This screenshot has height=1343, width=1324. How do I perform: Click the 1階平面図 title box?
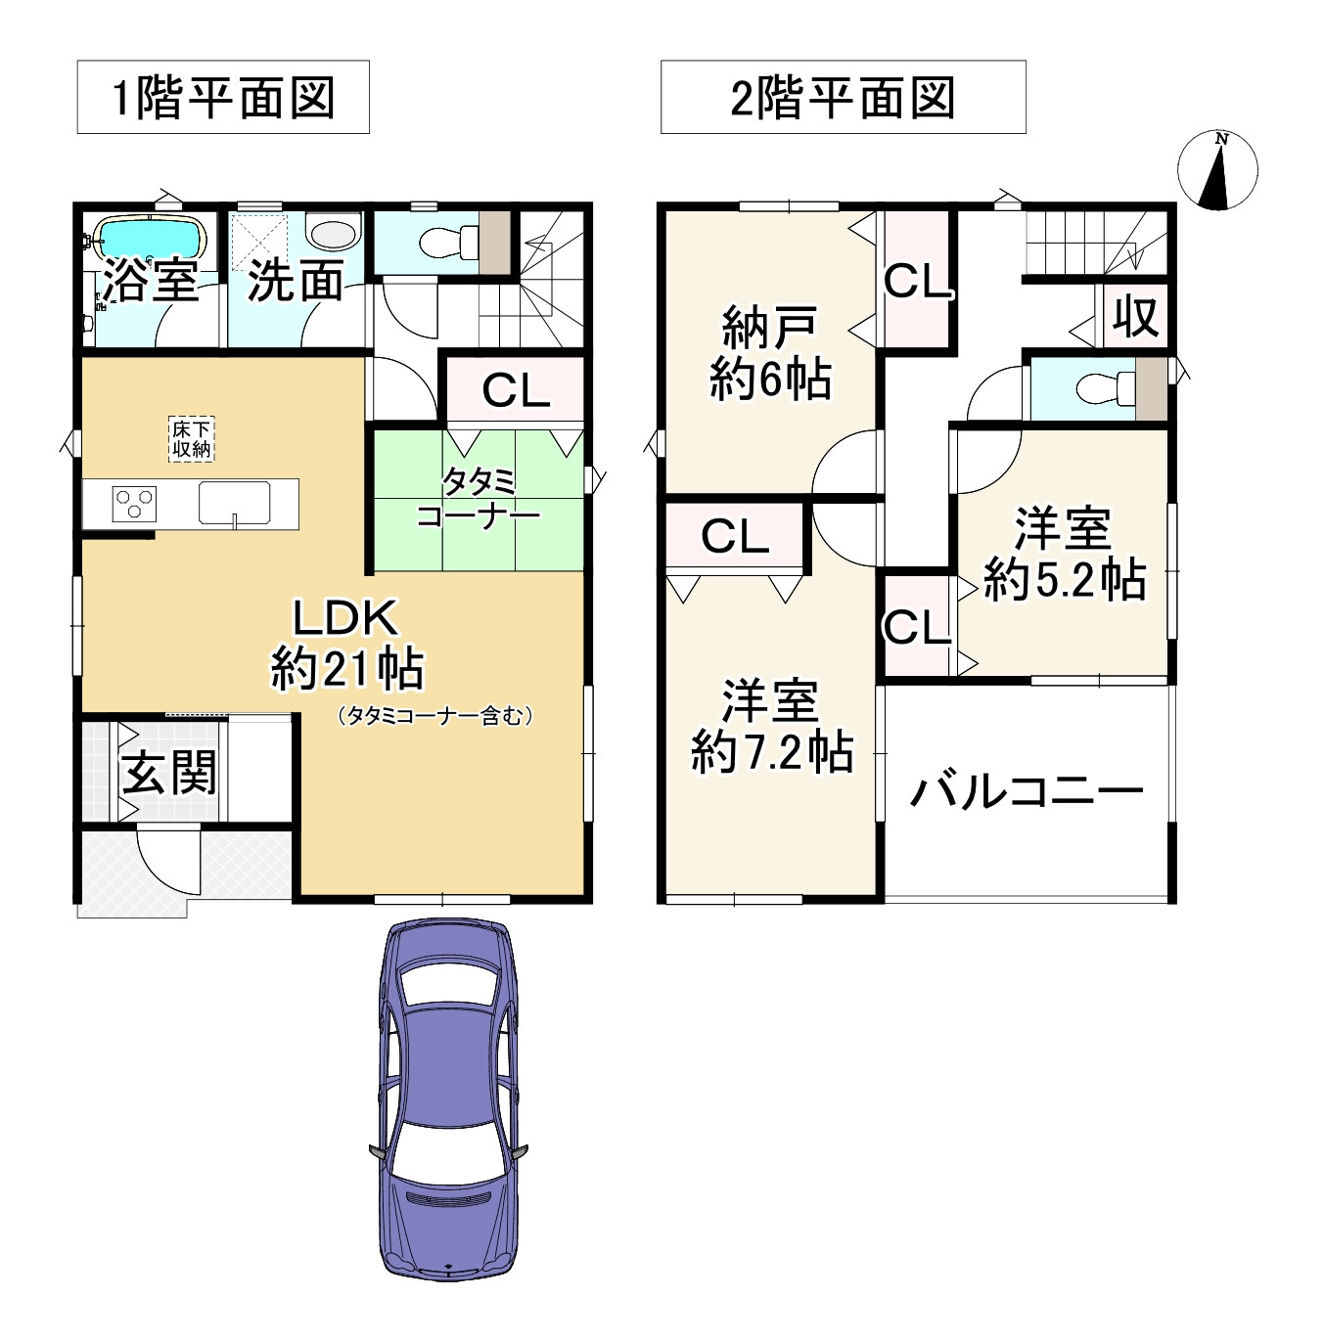223,97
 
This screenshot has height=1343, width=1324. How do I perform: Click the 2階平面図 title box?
843,97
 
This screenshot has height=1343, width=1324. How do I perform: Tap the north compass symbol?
1217,170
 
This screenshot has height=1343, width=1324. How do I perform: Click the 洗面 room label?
296,282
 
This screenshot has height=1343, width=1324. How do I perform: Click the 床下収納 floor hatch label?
191,439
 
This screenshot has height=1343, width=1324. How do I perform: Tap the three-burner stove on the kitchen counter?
134,505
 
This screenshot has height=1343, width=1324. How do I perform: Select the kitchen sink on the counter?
235,504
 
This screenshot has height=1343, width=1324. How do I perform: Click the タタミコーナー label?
479,498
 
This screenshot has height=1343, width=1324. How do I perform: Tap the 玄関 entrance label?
169,774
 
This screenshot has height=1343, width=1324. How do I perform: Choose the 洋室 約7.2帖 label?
772,727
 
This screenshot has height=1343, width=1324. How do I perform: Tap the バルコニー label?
1027,790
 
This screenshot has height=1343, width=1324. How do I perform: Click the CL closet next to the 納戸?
917,281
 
